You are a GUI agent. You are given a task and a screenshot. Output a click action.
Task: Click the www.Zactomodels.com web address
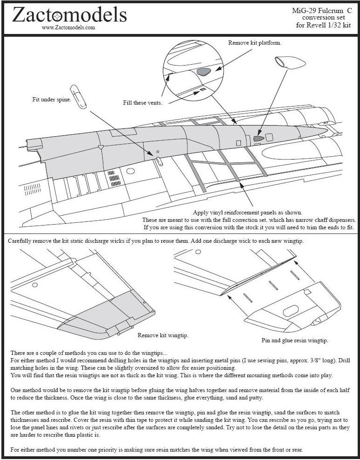click(68, 27)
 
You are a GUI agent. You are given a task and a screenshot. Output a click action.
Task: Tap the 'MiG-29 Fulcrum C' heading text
click(322, 11)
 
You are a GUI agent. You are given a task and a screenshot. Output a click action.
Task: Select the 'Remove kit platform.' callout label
click(254, 43)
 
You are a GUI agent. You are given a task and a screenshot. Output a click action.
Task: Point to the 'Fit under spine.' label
click(52, 100)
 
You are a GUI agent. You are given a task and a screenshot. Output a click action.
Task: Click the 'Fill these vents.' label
click(143, 103)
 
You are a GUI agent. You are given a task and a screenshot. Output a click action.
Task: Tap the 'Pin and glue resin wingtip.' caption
click(294, 340)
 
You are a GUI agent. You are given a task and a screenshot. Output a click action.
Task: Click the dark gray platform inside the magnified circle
click(204, 72)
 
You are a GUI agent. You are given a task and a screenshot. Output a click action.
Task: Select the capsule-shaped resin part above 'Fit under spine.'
click(78, 96)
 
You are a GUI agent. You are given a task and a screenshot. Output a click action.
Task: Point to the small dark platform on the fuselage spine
click(259, 138)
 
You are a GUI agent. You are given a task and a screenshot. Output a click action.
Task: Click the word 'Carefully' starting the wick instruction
click(22, 241)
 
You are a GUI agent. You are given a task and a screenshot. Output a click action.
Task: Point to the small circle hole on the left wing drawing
click(35, 284)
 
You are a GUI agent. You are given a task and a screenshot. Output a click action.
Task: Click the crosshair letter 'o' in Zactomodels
click(57, 16)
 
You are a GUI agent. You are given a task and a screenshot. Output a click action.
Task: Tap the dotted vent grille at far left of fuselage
click(32, 189)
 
